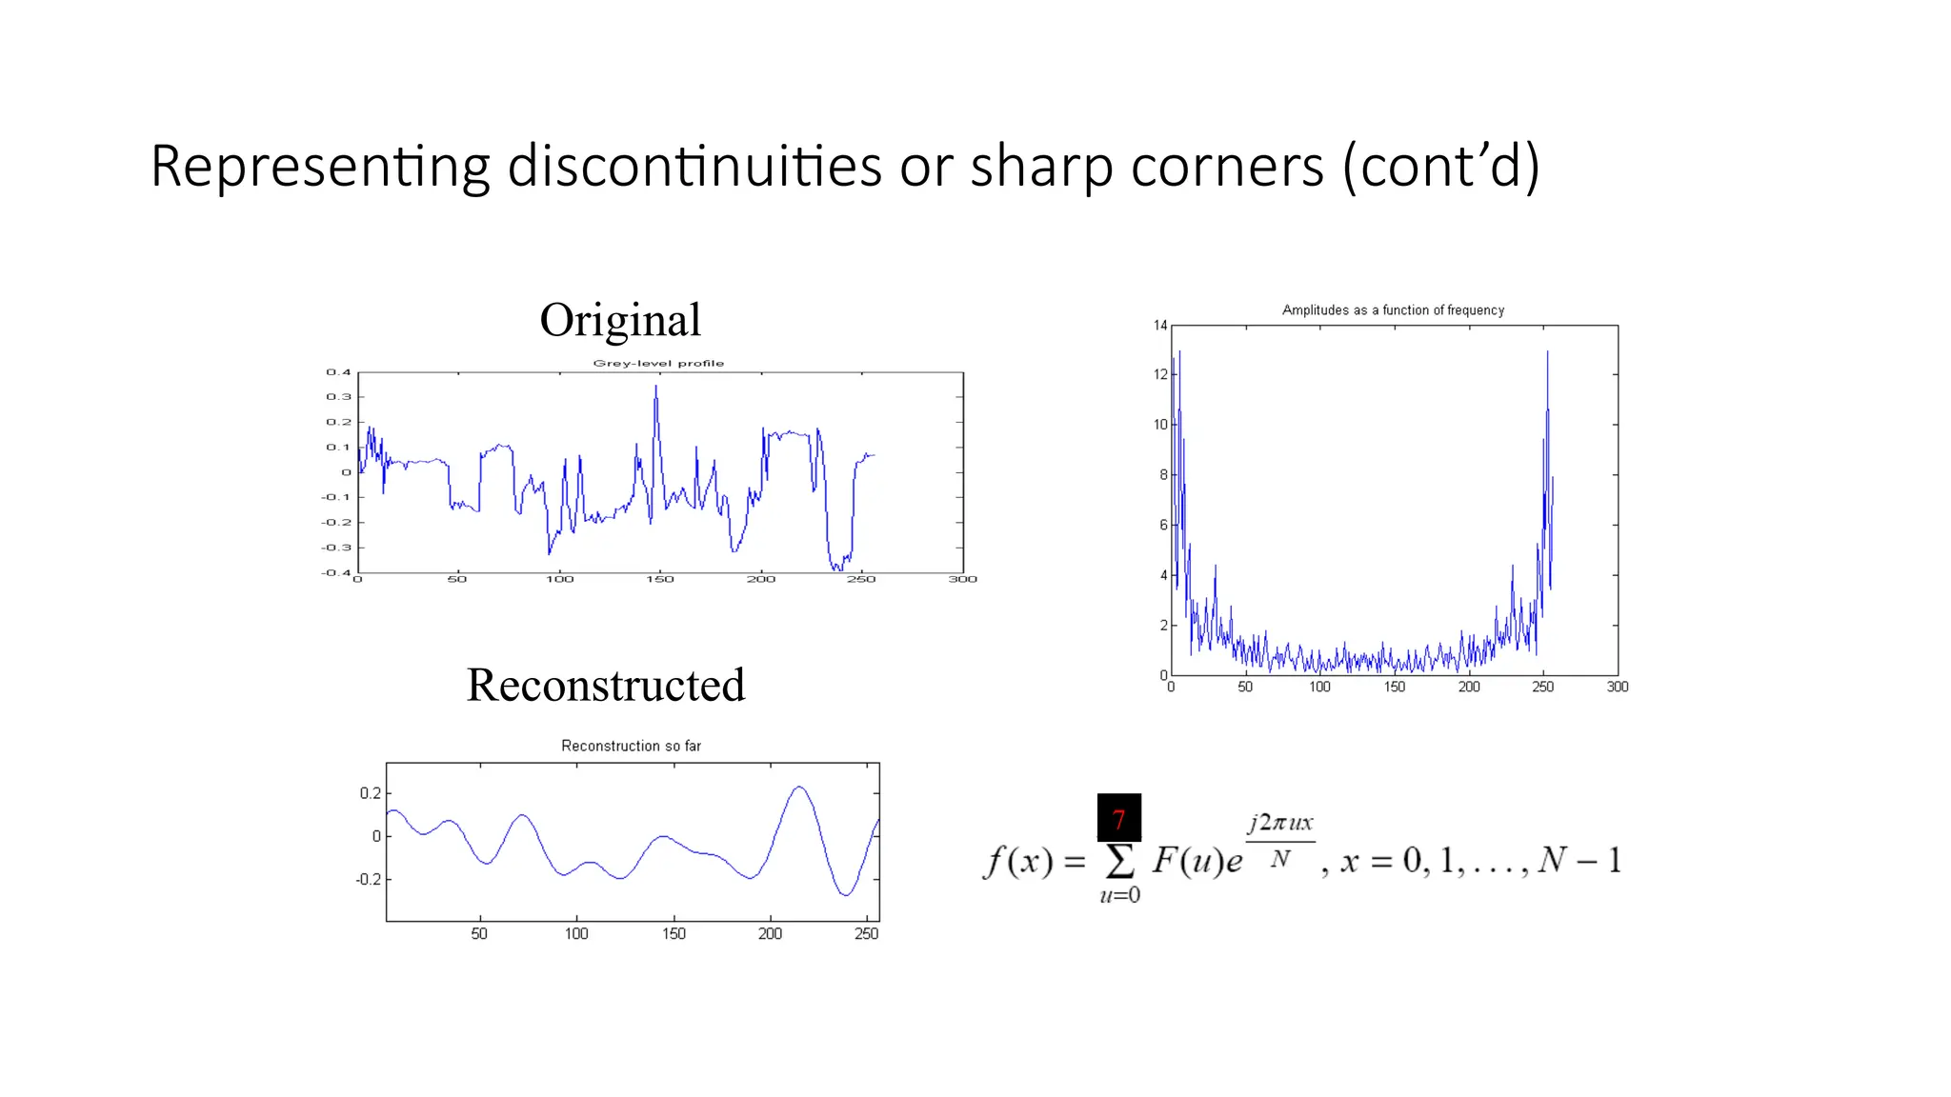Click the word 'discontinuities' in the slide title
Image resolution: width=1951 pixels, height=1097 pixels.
click(x=694, y=166)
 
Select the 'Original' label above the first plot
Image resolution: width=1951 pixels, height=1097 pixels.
click(x=620, y=320)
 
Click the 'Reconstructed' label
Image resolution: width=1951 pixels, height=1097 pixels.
click(x=606, y=685)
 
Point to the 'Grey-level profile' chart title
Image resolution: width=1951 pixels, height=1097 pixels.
click(x=658, y=363)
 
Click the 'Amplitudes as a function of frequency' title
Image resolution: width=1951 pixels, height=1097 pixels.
click(x=1393, y=310)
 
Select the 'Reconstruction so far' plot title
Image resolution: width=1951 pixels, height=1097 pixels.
click(x=631, y=746)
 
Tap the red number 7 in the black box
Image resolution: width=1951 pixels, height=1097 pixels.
click(x=1119, y=818)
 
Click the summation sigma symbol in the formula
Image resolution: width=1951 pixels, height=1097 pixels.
click(x=1119, y=861)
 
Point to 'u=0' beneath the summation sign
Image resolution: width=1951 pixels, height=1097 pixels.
click(x=1120, y=895)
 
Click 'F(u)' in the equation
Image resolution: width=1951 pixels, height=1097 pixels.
click(x=1186, y=860)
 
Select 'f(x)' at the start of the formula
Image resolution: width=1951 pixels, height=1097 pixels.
click(x=1018, y=861)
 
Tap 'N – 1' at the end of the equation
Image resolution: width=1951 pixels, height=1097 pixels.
click(x=1579, y=860)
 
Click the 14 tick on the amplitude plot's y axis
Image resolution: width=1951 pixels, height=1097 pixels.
click(x=1160, y=326)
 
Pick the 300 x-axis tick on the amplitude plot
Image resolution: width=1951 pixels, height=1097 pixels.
click(x=1618, y=687)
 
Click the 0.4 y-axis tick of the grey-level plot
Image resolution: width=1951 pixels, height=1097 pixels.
click(x=339, y=372)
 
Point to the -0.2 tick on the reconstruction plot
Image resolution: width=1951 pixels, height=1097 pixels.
click(x=368, y=879)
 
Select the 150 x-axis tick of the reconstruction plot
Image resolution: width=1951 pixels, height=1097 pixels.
click(x=674, y=934)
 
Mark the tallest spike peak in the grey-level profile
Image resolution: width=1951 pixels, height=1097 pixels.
click(x=655, y=386)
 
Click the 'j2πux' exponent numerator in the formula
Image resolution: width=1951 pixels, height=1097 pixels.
click(x=1280, y=823)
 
